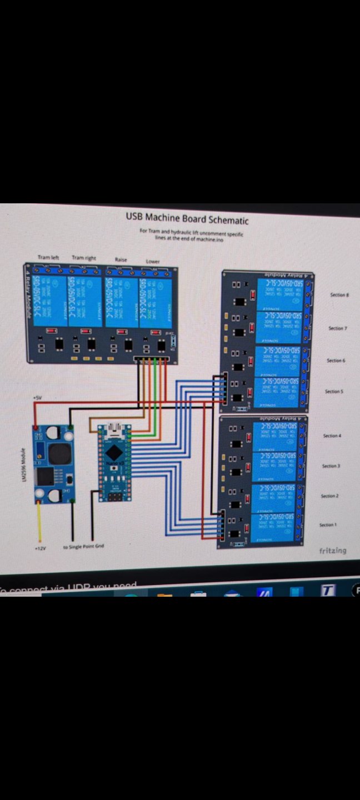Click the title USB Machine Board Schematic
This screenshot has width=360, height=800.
[187, 218]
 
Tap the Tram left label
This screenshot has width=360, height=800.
[48, 258]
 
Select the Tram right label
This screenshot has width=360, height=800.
[84, 258]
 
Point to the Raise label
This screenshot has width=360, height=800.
[121, 259]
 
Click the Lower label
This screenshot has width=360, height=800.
[153, 261]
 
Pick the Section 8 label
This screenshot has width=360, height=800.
[339, 295]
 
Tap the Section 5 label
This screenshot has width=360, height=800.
[334, 392]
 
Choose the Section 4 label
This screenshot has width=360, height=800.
[332, 436]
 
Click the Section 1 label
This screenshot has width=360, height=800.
[328, 524]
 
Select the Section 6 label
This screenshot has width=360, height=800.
[336, 361]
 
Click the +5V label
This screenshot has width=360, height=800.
[37, 398]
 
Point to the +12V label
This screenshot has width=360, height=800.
[39, 548]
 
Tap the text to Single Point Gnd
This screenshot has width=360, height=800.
[83, 547]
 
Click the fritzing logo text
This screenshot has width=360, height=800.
[332, 551]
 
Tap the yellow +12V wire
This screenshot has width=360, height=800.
[39, 522]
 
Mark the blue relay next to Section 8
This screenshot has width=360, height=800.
[279, 294]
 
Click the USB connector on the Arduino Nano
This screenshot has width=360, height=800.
[116, 429]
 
